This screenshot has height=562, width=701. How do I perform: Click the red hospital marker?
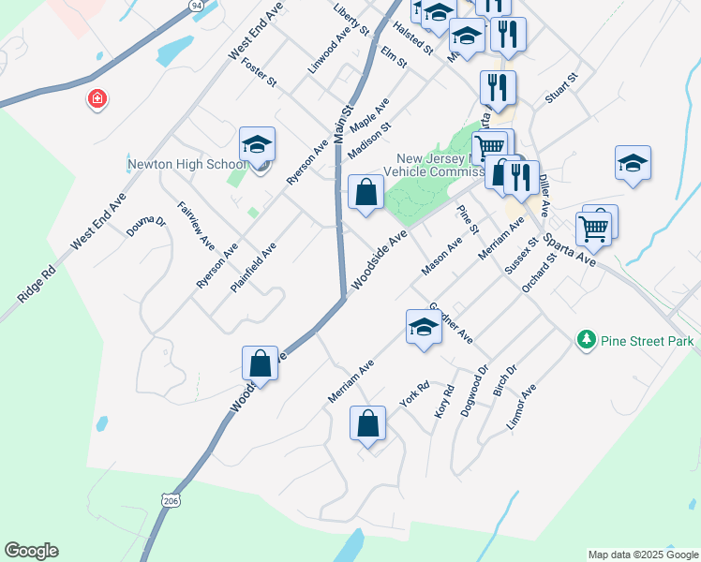tap(97, 99)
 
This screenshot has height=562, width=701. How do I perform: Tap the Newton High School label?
tap(187, 165)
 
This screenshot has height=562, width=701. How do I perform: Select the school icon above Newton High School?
tap(257, 144)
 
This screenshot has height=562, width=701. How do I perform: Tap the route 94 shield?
tap(196, 6)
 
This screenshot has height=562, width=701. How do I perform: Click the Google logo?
tap(31, 551)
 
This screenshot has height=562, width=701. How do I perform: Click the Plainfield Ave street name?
tap(253, 266)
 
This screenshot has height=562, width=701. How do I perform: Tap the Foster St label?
tap(259, 72)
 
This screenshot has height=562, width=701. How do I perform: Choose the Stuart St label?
tap(561, 92)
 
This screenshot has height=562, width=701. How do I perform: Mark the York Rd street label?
tap(413, 393)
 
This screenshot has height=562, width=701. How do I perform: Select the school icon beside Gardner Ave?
tap(424, 329)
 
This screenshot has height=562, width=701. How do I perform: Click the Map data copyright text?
tap(643, 555)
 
